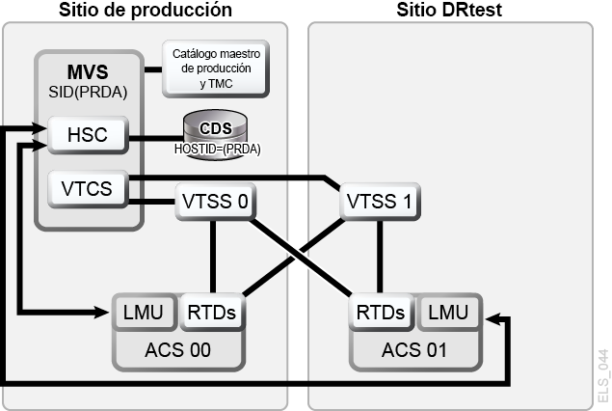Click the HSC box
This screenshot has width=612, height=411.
click(88, 135)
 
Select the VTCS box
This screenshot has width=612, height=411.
click(88, 189)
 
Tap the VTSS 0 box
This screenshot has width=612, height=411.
click(216, 202)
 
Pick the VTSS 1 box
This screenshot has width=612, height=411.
click(380, 202)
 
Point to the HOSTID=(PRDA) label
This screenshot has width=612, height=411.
click(218, 149)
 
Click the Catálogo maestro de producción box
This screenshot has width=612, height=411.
click(216, 68)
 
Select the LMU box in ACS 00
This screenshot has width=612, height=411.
click(144, 313)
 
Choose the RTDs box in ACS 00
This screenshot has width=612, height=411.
click(212, 313)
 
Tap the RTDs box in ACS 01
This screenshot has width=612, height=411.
click(381, 313)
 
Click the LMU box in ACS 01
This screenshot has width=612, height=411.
click(448, 313)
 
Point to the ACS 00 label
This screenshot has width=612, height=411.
click(178, 350)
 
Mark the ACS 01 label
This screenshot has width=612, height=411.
click(414, 350)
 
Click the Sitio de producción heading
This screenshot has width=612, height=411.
click(146, 10)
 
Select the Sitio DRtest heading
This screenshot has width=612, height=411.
click(449, 10)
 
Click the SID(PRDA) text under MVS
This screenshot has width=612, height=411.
click(88, 93)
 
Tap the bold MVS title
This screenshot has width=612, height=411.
click(88, 72)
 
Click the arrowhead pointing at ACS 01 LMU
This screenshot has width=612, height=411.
click(492, 318)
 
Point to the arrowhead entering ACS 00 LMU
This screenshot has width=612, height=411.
click(102, 312)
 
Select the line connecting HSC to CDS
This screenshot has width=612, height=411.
click(156, 138)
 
